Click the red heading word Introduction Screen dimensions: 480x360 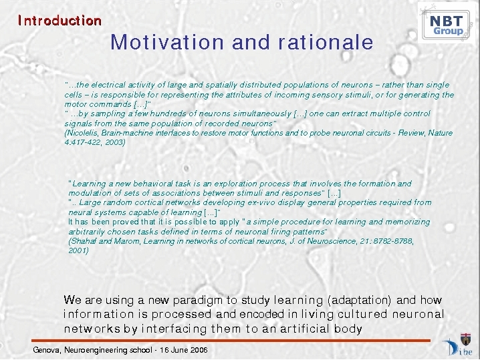click(x=59, y=21)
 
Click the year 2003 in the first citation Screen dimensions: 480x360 click(x=115, y=142)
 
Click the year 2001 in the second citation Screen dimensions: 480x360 click(x=78, y=251)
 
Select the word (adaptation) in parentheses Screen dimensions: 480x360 click(x=360, y=300)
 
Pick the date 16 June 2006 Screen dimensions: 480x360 click(x=184, y=350)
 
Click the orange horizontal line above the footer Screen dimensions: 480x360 click(x=231, y=341)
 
